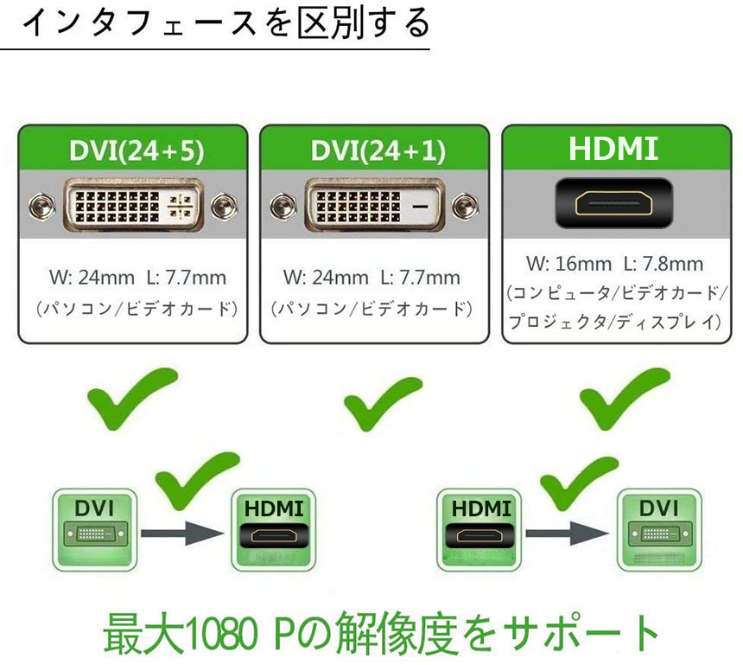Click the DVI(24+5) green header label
click(136, 151)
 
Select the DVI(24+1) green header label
click(378, 151)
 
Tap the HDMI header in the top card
click(613, 149)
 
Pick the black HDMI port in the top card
click(613, 205)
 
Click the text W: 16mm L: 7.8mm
click(614, 264)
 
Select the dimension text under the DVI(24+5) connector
click(137, 278)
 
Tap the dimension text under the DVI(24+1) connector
click(371, 278)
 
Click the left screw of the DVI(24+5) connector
click(38, 207)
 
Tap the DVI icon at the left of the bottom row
click(94, 529)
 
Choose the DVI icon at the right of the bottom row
click(658, 529)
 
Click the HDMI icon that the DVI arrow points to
click(273, 529)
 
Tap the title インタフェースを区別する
click(225, 23)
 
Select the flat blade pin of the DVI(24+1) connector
click(421, 208)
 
